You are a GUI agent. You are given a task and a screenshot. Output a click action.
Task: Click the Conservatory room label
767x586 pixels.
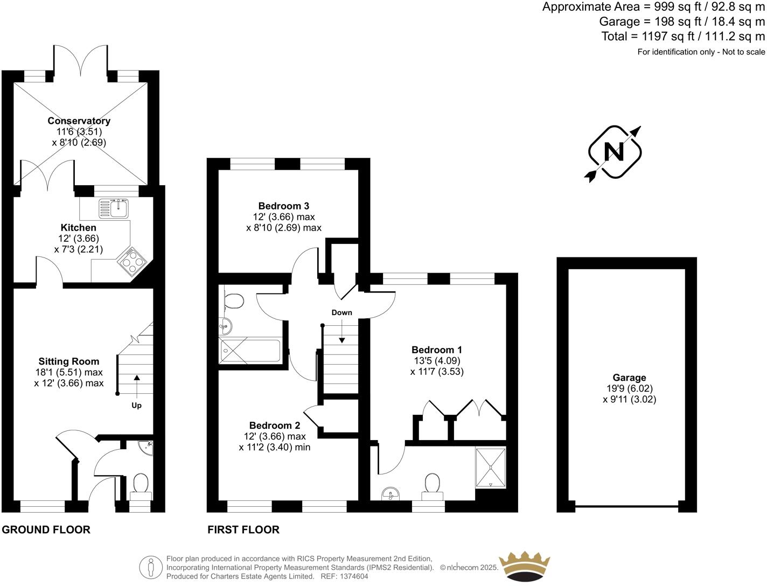pyautogui.click(x=79, y=121)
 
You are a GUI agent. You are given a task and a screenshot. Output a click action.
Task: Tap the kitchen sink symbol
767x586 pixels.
pyautogui.click(x=114, y=207)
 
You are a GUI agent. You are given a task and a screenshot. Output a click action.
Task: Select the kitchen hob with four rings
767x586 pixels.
pyautogui.click(x=133, y=263)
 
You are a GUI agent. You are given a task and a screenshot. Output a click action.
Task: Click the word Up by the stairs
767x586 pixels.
pyautogui.click(x=137, y=405)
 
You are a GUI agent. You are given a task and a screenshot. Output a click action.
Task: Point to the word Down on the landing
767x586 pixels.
pyautogui.click(x=341, y=312)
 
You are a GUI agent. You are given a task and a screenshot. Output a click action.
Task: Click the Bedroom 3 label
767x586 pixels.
pyautogui.click(x=283, y=206)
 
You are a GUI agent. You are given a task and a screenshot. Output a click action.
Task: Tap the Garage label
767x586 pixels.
pyautogui.click(x=629, y=378)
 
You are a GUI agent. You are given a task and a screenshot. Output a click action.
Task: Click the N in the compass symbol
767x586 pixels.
pyautogui.click(x=613, y=152)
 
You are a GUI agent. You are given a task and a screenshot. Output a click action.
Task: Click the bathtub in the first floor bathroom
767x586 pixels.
pyautogui.click(x=250, y=351)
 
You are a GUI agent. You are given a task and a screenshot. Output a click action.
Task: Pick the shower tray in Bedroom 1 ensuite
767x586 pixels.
pyautogui.click(x=490, y=468)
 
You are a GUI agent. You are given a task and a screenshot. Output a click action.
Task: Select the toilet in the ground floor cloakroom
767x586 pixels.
pyautogui.click(x=141, y=483)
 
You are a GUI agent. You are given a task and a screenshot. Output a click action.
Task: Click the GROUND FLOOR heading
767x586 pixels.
pyautogui.click(x=46, y=529)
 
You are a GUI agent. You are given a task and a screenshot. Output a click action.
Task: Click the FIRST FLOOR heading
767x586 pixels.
pyautogui.click(x=243, y=529)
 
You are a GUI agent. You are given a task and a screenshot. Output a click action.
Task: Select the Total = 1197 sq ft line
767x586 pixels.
pyautogui.click(x=683, y=37)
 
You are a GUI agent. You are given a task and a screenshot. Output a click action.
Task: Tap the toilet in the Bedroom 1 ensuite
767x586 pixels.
pyautogui.click(x=433, y=483)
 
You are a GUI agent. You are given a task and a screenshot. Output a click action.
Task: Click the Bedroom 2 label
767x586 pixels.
pyautogui.click(x=275, y=425)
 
